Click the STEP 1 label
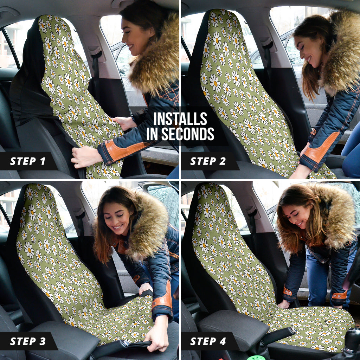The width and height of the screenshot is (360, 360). pyautogui.click(x=28, y=161)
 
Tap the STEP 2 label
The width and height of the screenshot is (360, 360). pyautogui.click(x=208, y=161)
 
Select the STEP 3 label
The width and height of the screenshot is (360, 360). pyautogui.click(x=28, y=341)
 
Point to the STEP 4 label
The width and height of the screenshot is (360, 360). pyautogui.click(x=208, y=341)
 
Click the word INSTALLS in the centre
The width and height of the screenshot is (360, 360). pyautogui.click(x=180, y=119)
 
